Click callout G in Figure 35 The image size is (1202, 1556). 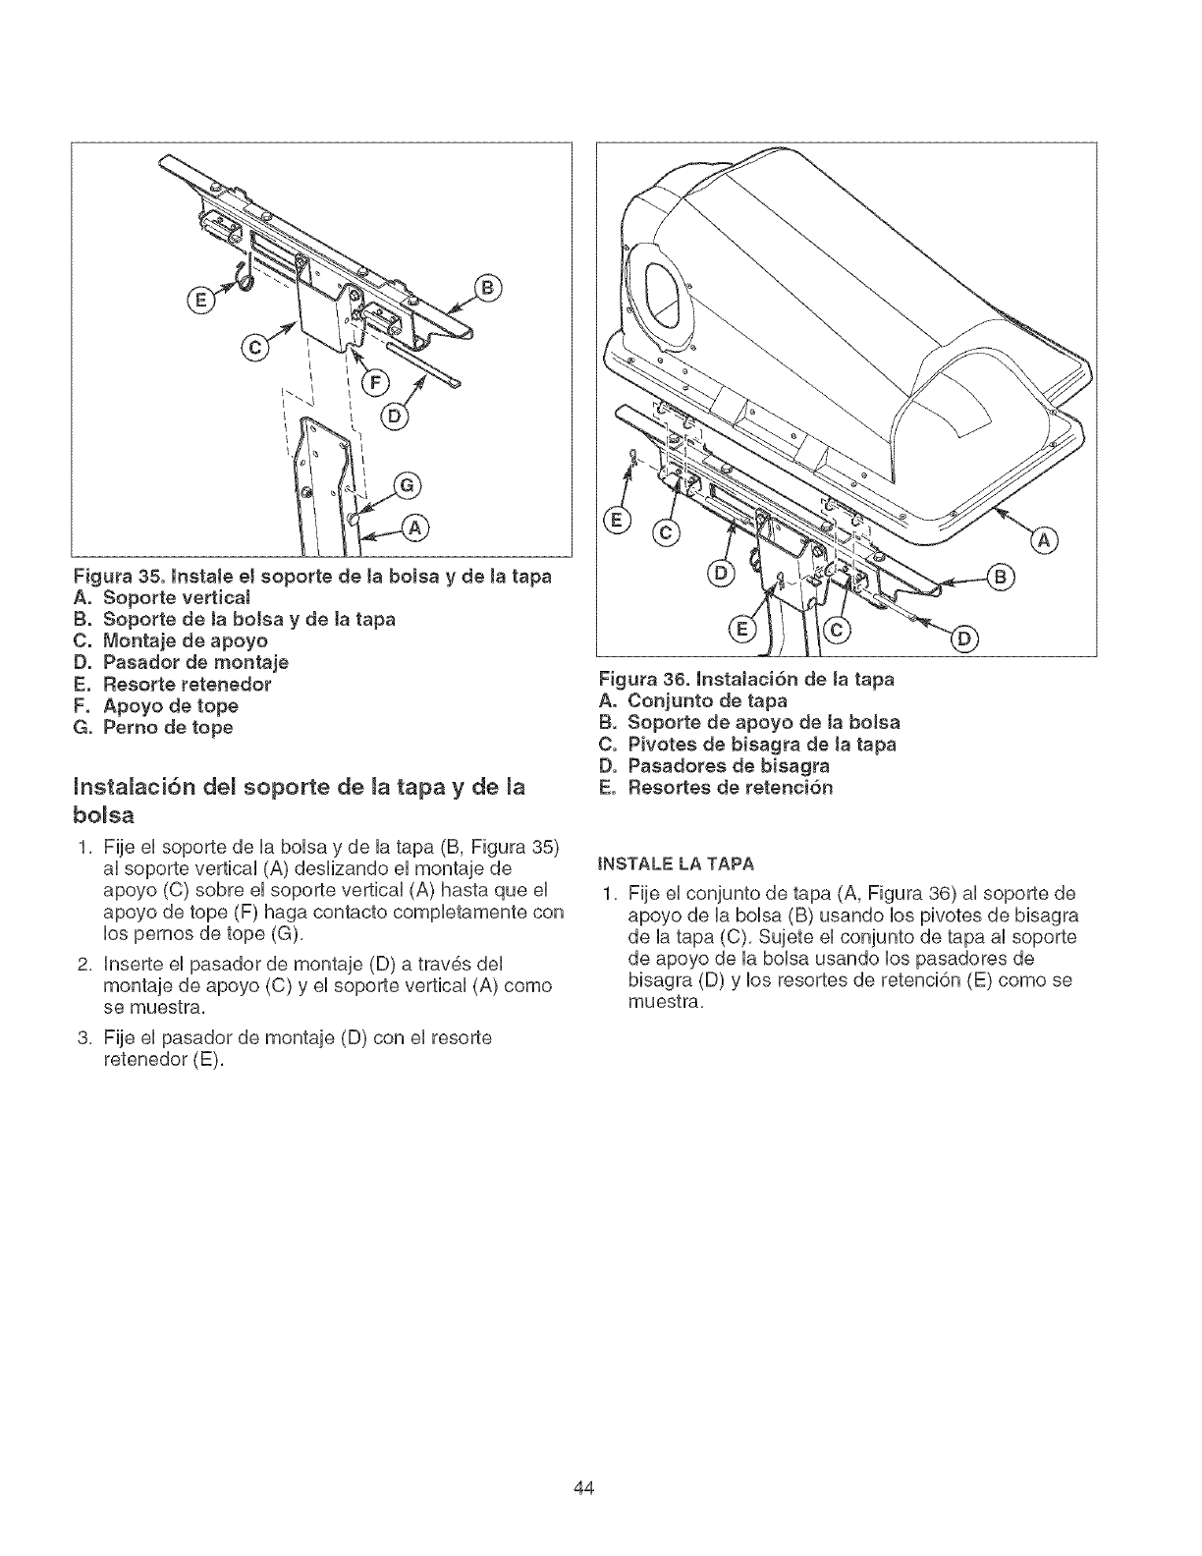click(406, 484)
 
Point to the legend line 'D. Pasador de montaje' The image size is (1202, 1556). click(182, 662)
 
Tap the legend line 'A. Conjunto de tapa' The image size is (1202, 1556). click(692, 700)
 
